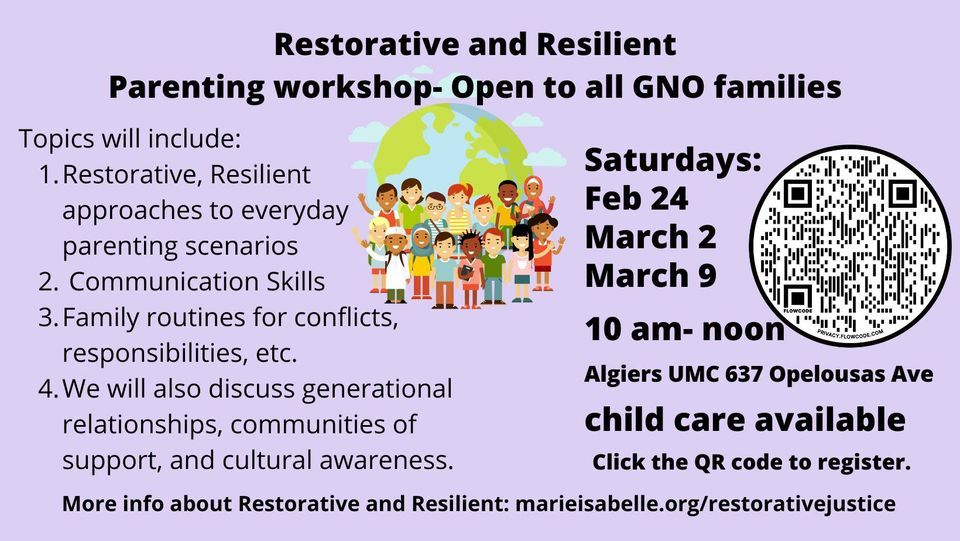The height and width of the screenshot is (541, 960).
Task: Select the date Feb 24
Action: coord(636,199)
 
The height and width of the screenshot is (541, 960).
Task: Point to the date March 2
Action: coord(650,237)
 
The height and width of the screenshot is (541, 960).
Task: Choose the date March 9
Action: coord(650,275)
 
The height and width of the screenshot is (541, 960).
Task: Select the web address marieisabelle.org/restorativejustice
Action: coord(705,504)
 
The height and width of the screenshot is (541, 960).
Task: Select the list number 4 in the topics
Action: coord(48,387)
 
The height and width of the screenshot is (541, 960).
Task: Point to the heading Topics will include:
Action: coord(130,138)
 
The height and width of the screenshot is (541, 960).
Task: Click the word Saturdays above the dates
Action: coord(673,160)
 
